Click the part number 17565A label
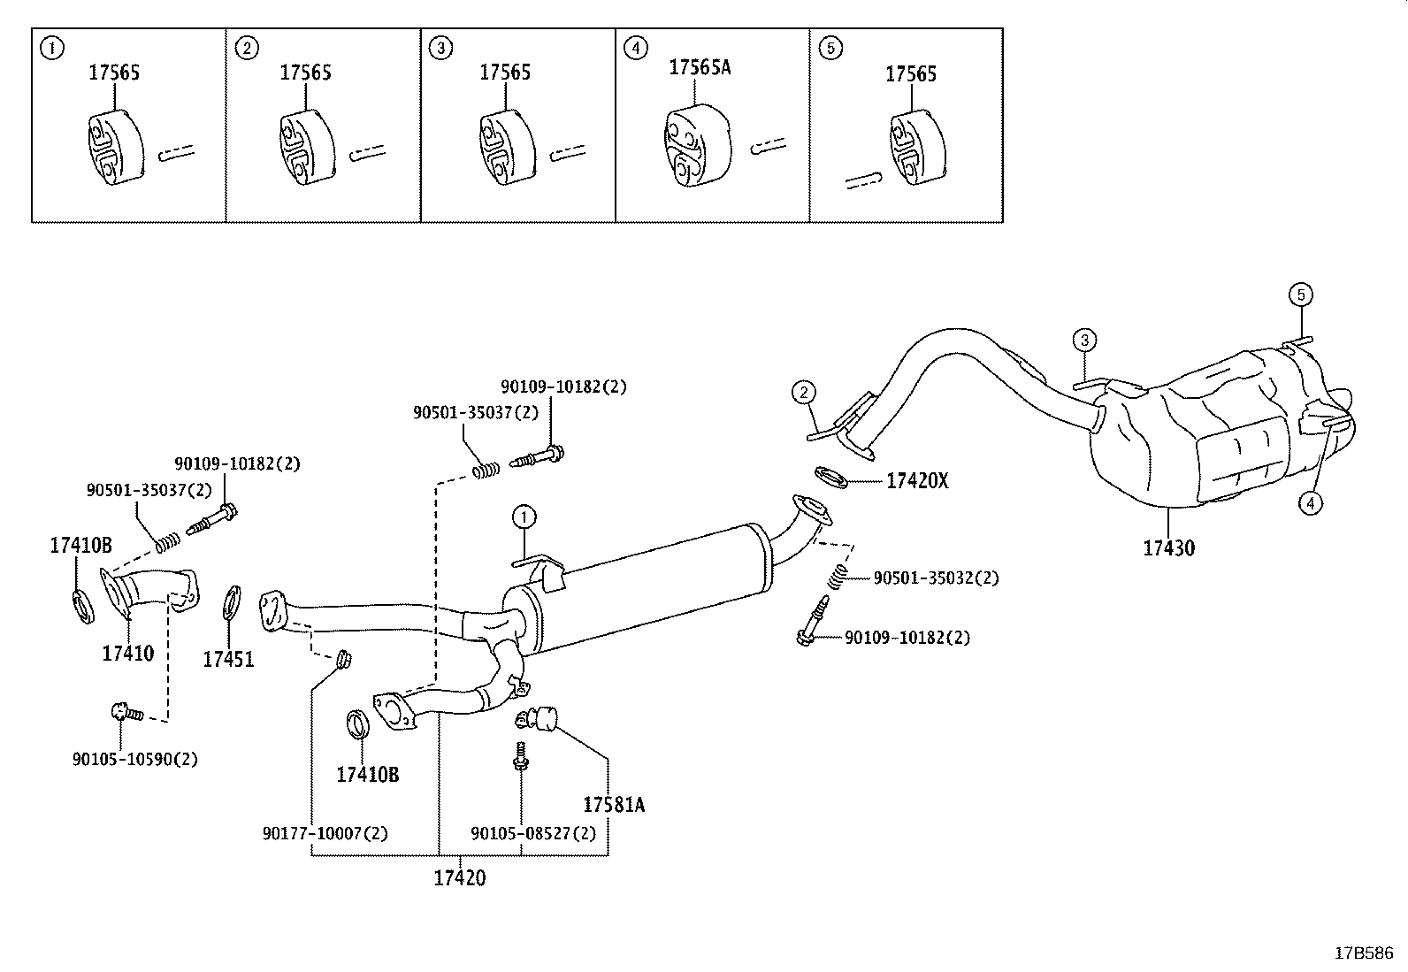click(700, 67)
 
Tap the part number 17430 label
click(1168, 548)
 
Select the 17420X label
click(917, 481)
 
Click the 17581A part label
click(614, 805)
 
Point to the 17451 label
click(228, 659)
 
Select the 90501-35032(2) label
click(936, 578)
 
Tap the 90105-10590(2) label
click(134, 759)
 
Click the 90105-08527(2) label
click(533, 833)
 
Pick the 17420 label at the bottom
click(460, 878)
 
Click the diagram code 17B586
click(1364, 953)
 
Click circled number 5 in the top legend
click(830, 49)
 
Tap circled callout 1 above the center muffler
click(524, 517)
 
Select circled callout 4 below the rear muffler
click(1310, 503)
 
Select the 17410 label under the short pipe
click(128, 654)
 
